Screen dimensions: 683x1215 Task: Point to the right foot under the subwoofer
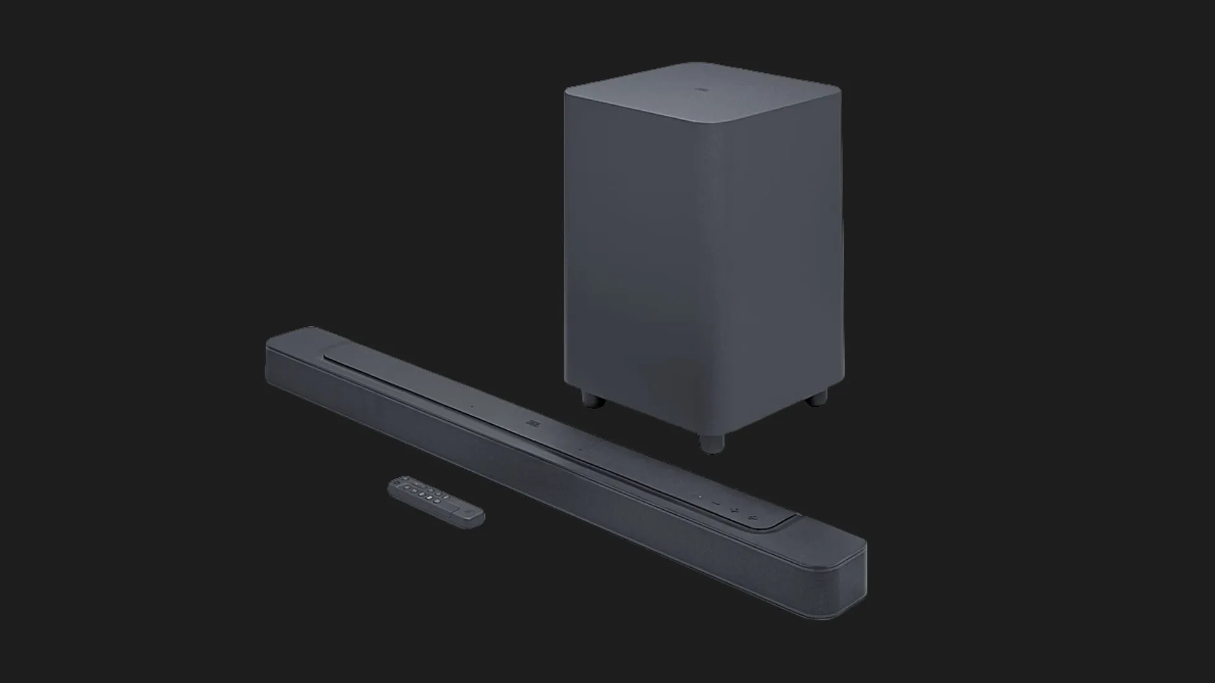[818, 397]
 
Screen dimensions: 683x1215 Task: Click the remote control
[435, 501]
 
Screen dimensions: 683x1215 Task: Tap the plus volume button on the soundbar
[734, 510]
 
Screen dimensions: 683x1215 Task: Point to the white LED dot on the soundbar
[699, 496]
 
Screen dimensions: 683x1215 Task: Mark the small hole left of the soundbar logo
[471, 406]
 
